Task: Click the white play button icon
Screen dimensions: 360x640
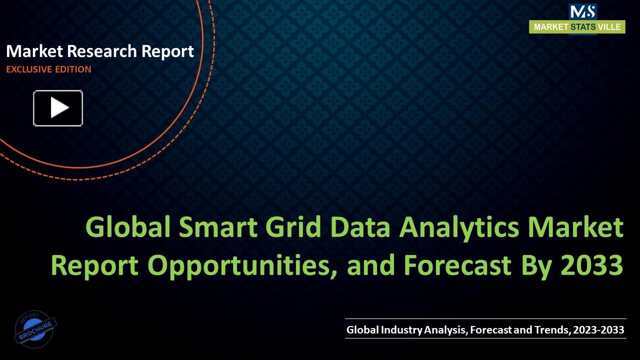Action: tap(58, 108)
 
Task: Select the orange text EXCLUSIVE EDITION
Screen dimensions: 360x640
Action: tap(48, 69)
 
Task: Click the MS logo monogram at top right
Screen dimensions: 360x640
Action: tap(582, 11)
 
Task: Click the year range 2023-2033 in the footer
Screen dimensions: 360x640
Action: tap(598, 330)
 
